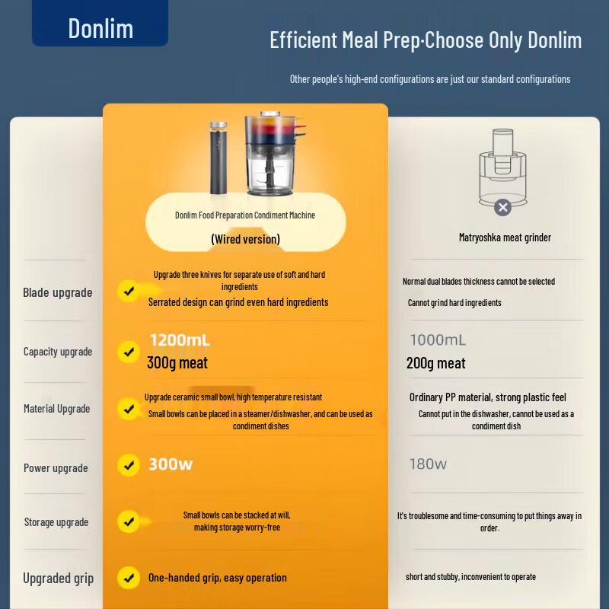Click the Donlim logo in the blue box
point(100,28)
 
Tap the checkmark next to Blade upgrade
point(129,291)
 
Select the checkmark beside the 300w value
point(129,465)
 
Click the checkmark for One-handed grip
point(129,578)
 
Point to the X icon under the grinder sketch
point(503,207)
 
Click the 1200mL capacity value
point(180,340)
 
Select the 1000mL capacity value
point(438,340)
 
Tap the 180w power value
point(428,464)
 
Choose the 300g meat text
point(177,363)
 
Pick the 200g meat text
point(435,364)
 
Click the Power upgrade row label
point(56,468)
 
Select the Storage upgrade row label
point(56,522)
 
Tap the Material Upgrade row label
point(56,409)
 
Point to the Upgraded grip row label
point(59,579)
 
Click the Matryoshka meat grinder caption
point(505,238)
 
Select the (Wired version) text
point(245,239)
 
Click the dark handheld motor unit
point(218,158)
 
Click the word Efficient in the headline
point(304,40)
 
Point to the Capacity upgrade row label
point(58,352)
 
